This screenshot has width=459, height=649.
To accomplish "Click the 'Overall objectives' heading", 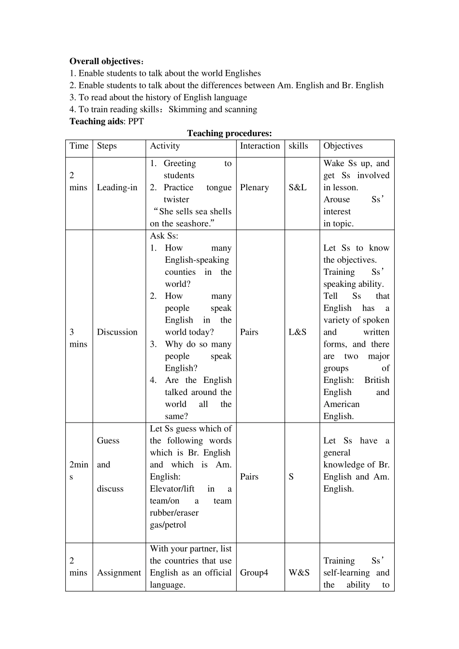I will click(105, 61).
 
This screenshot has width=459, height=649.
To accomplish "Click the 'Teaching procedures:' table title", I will click(229, 133).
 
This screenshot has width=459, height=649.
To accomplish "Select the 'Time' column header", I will click(79, 146).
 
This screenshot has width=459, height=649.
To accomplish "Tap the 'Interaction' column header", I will click(260, 146).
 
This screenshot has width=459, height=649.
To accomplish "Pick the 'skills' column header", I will click(298, 146).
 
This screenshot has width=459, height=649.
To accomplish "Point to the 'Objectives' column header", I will click(343, 146).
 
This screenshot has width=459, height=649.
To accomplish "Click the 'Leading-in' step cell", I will click(117, 187).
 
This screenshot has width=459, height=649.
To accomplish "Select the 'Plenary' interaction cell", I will click(254, 187).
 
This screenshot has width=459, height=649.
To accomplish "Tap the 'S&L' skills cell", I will click(298, 187).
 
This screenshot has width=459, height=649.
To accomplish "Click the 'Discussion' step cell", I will click(117, 332).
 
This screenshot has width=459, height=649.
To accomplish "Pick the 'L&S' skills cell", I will click(298, 332).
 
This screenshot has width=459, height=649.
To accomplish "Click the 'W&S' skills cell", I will click(299, 573).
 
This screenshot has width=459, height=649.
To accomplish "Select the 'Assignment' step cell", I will click(119, 573).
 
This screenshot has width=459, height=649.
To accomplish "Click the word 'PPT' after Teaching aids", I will click(136, 121).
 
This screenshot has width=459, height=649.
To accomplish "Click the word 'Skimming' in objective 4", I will click(187, 109).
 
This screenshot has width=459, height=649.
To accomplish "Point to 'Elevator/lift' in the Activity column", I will click(172, 489).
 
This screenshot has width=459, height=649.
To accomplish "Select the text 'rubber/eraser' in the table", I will click(174, 513).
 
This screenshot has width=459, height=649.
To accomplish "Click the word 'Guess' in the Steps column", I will click(108, 440).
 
